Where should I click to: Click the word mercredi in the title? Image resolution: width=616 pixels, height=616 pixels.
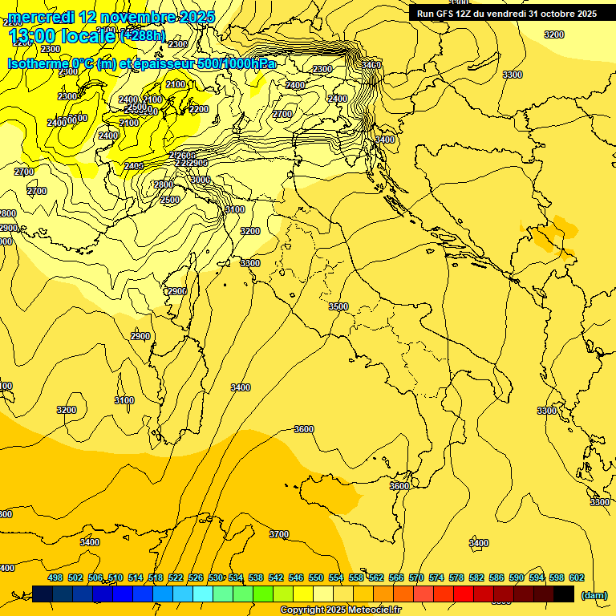(42, 17)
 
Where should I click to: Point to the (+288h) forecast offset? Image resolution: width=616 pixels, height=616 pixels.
(142, 36)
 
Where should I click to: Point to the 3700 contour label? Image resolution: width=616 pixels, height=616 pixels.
(279, 534)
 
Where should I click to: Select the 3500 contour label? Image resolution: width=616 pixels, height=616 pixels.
(338, 306)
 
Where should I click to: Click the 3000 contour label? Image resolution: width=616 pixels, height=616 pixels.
(201, 180)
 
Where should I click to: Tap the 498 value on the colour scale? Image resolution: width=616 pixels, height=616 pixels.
(55, 577)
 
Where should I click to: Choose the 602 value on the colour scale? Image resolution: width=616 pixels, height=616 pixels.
(576, 577)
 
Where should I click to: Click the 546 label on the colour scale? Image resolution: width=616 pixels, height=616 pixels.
(296, 577)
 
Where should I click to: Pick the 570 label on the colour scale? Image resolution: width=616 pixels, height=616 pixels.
(416, 577)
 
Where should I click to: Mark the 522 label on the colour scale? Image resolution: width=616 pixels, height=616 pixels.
(176, 577)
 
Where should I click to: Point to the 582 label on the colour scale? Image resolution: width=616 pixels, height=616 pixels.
(476, 577)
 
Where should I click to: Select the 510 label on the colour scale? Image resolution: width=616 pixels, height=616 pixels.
(115, 577)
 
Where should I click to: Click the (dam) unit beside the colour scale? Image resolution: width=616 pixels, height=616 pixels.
(594, 594)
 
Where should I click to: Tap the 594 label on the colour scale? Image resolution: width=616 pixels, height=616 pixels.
(536, 577)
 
